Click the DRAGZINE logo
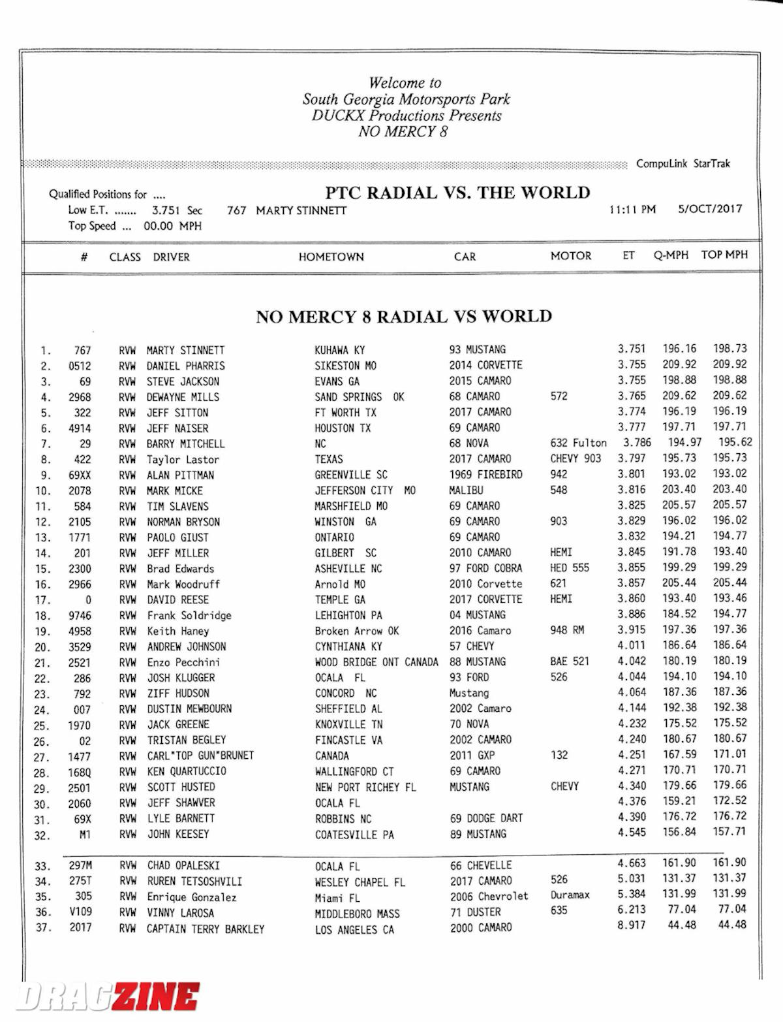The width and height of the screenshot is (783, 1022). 108,997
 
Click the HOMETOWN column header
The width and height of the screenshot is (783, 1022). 331,257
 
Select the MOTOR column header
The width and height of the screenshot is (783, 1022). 570,256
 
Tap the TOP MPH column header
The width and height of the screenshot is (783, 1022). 724,255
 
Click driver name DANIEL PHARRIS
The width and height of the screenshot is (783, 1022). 185,366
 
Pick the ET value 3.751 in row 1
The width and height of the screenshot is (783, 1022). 631,349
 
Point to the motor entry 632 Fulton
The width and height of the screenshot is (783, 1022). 578,443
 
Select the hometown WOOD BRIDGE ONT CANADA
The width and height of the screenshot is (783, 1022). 376,662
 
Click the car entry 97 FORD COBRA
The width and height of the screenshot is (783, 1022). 485,568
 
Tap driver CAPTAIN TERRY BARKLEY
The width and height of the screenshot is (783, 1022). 206,929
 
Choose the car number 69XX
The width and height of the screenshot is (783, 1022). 80,475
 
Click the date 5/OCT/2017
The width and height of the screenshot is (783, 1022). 710,209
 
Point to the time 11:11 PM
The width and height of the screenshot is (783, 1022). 632,210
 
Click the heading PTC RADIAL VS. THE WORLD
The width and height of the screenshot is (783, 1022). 457,193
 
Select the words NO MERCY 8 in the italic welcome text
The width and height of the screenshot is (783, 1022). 403,131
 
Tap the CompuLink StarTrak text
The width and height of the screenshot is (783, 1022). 683,163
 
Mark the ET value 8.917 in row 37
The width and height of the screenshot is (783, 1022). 631,925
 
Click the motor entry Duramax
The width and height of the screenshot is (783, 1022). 570,895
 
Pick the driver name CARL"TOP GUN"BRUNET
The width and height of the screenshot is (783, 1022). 200,756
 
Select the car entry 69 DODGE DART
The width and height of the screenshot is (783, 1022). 486,818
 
